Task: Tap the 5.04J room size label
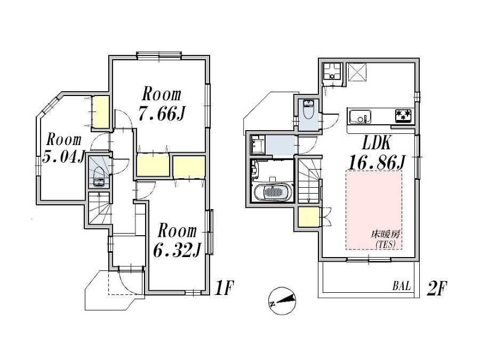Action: click(x=63, y=157)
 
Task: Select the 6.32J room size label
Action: click(x=177, y=250)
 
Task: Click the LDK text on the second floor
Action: click(x=377, y=142)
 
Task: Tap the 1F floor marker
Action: click(x=224, y=288)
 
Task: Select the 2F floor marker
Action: click(x=437, y=289)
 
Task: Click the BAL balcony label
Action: click(x=402, y=286)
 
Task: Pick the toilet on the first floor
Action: click(x=99, y=177)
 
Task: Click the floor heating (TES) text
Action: click(x=386, y=239)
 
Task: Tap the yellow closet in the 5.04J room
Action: click(x=101, y=112)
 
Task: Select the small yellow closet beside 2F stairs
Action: click(x=309, y=217)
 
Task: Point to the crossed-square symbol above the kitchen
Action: click(x=357, y=73)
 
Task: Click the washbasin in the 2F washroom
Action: click(x=258, y=144)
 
